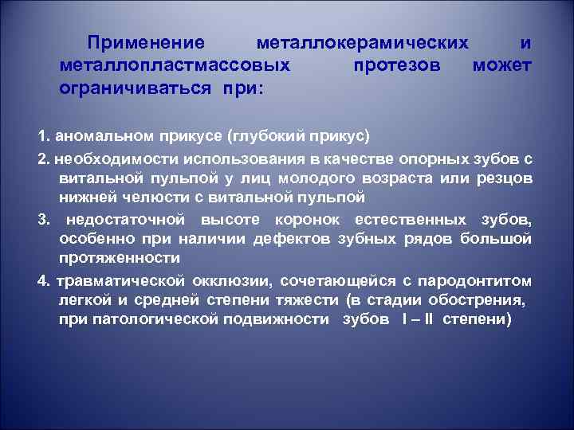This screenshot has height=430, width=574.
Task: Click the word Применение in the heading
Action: (147, 41)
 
